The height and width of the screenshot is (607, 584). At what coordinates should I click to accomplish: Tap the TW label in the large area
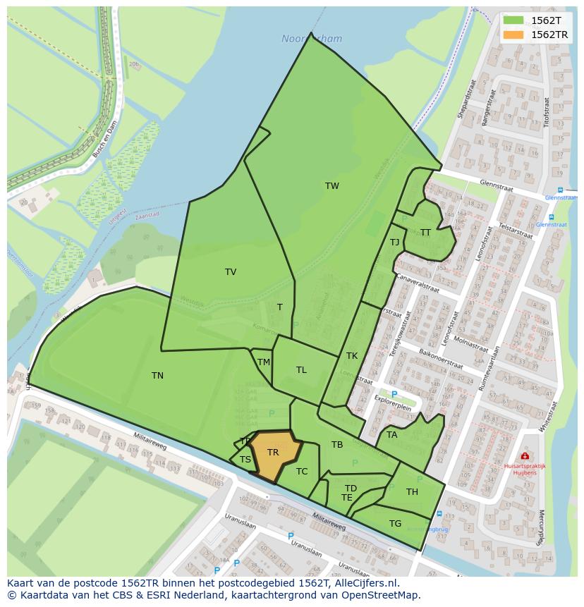332,186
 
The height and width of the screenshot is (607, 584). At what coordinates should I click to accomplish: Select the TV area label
231,272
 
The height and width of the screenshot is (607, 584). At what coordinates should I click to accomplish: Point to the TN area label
157,376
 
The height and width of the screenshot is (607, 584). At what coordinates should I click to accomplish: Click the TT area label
425,233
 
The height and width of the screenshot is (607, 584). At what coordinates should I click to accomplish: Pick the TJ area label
395,243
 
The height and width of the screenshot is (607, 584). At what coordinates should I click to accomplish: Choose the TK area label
352,356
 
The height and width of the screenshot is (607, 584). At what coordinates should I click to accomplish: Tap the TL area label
301,370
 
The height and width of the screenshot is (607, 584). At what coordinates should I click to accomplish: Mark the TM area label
264,362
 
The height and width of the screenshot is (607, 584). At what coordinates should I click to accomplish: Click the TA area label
392,435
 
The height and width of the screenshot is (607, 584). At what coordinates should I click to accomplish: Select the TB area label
337,445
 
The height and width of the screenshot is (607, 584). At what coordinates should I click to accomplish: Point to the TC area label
302,472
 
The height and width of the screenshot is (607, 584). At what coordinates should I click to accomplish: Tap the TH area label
412,492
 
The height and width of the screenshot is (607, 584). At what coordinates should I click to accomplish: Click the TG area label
395,523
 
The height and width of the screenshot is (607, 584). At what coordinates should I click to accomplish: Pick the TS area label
245,460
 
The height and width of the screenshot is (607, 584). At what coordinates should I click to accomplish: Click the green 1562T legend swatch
513,20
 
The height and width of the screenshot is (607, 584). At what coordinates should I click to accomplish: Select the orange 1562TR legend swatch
513,35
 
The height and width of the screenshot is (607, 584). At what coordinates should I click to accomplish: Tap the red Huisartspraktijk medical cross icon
525,456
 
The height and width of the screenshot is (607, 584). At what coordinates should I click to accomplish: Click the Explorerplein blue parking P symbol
394,394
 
